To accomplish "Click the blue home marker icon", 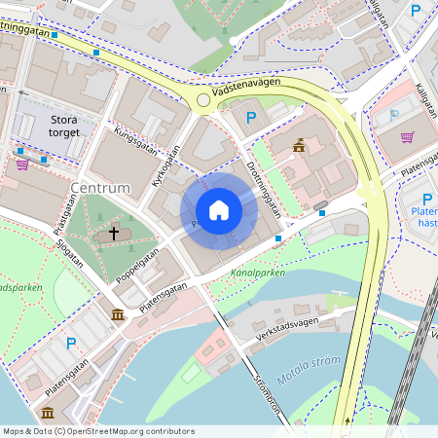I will [219, 210].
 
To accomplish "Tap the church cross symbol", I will [114, 234].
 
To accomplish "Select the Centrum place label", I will [100, 186].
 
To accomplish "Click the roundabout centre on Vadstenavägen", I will [203, 99].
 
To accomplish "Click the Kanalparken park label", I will [258, 274].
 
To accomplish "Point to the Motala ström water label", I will [308, 365].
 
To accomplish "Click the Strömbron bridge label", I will [266, 394].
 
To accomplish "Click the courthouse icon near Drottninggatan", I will [299, 146].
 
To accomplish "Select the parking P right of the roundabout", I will [251, 118].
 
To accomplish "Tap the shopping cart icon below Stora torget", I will [22, 164].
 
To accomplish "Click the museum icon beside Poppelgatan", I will [118, 314].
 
